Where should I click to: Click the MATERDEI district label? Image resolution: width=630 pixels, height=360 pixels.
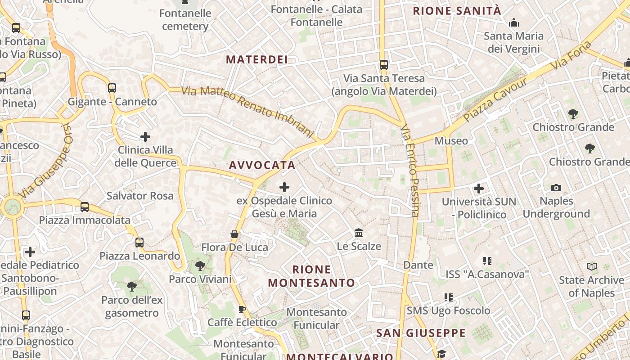tap(256, 59)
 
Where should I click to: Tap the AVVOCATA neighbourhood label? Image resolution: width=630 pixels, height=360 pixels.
tap(262, 165)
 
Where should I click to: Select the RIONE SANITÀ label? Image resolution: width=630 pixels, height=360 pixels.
tap(457, 11)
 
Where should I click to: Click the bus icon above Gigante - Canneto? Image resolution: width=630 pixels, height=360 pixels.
tap(112, 88)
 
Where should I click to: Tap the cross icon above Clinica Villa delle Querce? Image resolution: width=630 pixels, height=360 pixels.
tap(145, 136)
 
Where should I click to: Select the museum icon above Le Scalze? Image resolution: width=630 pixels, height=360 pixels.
tap(359, 233)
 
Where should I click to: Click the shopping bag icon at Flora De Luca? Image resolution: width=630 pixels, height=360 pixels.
tap(234, 234)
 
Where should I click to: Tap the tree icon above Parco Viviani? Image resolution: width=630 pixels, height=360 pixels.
tap(200, 266)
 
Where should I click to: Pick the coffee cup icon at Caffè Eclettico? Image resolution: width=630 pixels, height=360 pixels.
tap(242, 309)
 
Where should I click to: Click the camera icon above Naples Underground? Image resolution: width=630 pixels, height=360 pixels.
tap(556, 188)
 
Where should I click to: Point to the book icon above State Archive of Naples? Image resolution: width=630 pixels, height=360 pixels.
tap(592, 267)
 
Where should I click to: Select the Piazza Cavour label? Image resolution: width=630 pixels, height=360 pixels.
tap(495, 99)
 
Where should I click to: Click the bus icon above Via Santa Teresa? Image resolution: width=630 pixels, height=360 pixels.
tap(384, 65)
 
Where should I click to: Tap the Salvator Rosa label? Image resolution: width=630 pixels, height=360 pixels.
tap(140, 196)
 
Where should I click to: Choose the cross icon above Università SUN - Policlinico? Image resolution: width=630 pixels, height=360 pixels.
tap(479, 189)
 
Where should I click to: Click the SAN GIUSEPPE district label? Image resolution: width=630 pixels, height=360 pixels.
tap(421, 333)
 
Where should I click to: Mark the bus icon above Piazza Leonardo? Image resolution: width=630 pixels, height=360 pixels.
tap(139, 243)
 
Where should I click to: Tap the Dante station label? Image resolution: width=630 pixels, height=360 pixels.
tap(418, 265)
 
